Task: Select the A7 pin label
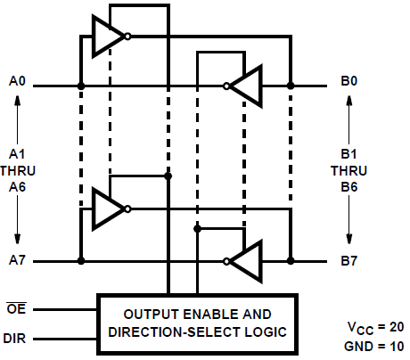pos(18,261)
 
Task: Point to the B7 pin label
pos(348,261)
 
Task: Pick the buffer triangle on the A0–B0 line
pos(247,86)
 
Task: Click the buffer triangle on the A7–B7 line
pos(247,261)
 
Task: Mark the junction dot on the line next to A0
pos(81,86)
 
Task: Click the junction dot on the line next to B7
pos(291,261)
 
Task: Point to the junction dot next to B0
pos(291,86)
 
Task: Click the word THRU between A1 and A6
pos(18,169)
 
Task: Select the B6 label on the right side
pos(348,185)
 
